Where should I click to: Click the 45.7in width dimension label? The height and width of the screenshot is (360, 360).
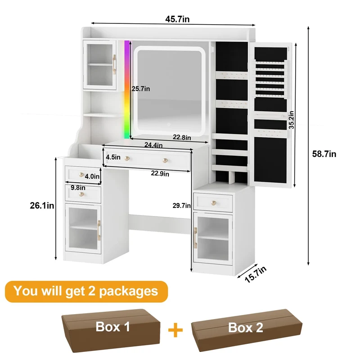tap(177, 19)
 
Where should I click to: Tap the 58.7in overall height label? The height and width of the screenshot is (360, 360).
tap(324, 154)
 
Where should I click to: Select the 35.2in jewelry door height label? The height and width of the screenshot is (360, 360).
tap(291, 120)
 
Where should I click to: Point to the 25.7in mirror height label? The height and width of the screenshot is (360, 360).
tap(141, 89)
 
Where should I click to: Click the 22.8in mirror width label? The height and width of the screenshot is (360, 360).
tap(182, 137)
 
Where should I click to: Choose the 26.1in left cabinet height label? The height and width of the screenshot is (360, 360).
tap(42, 206)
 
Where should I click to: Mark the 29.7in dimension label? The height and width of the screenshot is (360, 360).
tap(182, 206)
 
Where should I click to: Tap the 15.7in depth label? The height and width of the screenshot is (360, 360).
tap(256, 274)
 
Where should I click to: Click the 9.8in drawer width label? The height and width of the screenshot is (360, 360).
tap(78, 188)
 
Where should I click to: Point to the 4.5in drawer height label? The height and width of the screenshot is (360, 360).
tap(113, 157)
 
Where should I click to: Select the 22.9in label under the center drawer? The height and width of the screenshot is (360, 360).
tap(160, 174)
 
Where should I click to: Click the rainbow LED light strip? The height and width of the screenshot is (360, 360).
tap(127, 90)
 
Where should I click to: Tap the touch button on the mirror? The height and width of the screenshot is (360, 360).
tap(169, 125)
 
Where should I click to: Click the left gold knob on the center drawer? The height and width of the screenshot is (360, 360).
tap(127, 158)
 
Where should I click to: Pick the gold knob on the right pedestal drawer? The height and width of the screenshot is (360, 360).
tap(214, 203)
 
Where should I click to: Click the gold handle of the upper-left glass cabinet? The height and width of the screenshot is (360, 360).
tap(114, 64)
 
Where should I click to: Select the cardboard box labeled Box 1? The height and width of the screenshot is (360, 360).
tap(111, 330)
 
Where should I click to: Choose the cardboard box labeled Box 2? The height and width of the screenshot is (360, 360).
tap(247, 330)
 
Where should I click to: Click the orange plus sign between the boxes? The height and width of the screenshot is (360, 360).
tap(175, 330)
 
